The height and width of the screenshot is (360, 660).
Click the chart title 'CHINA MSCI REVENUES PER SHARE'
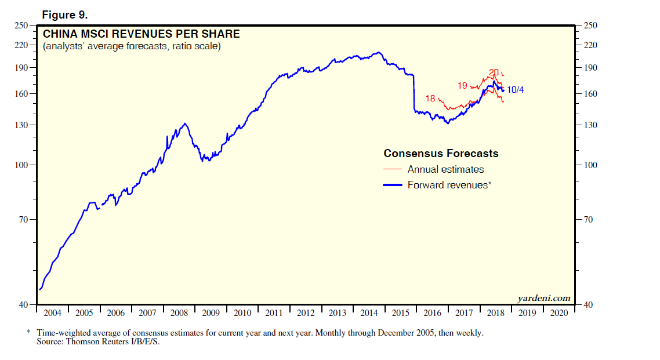coord(141,34)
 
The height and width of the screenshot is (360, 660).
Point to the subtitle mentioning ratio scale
coord(132,46)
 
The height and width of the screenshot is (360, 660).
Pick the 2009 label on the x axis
coord(211,313)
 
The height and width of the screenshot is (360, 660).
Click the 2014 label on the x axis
coord(369,313)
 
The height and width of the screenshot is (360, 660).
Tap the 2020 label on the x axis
coord(559,313)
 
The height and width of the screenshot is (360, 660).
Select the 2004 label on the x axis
coord(53,313)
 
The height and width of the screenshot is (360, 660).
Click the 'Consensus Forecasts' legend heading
coord(441,154)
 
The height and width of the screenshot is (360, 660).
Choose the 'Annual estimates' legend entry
coord(445,170)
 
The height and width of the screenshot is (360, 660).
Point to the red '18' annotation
coord(430,99)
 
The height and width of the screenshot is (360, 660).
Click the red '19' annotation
coord(462,86)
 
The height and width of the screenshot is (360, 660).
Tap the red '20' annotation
coord(494,72)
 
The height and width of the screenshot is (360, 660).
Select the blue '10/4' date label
coord(516,90)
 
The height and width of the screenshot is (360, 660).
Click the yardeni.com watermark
coord(543,299)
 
